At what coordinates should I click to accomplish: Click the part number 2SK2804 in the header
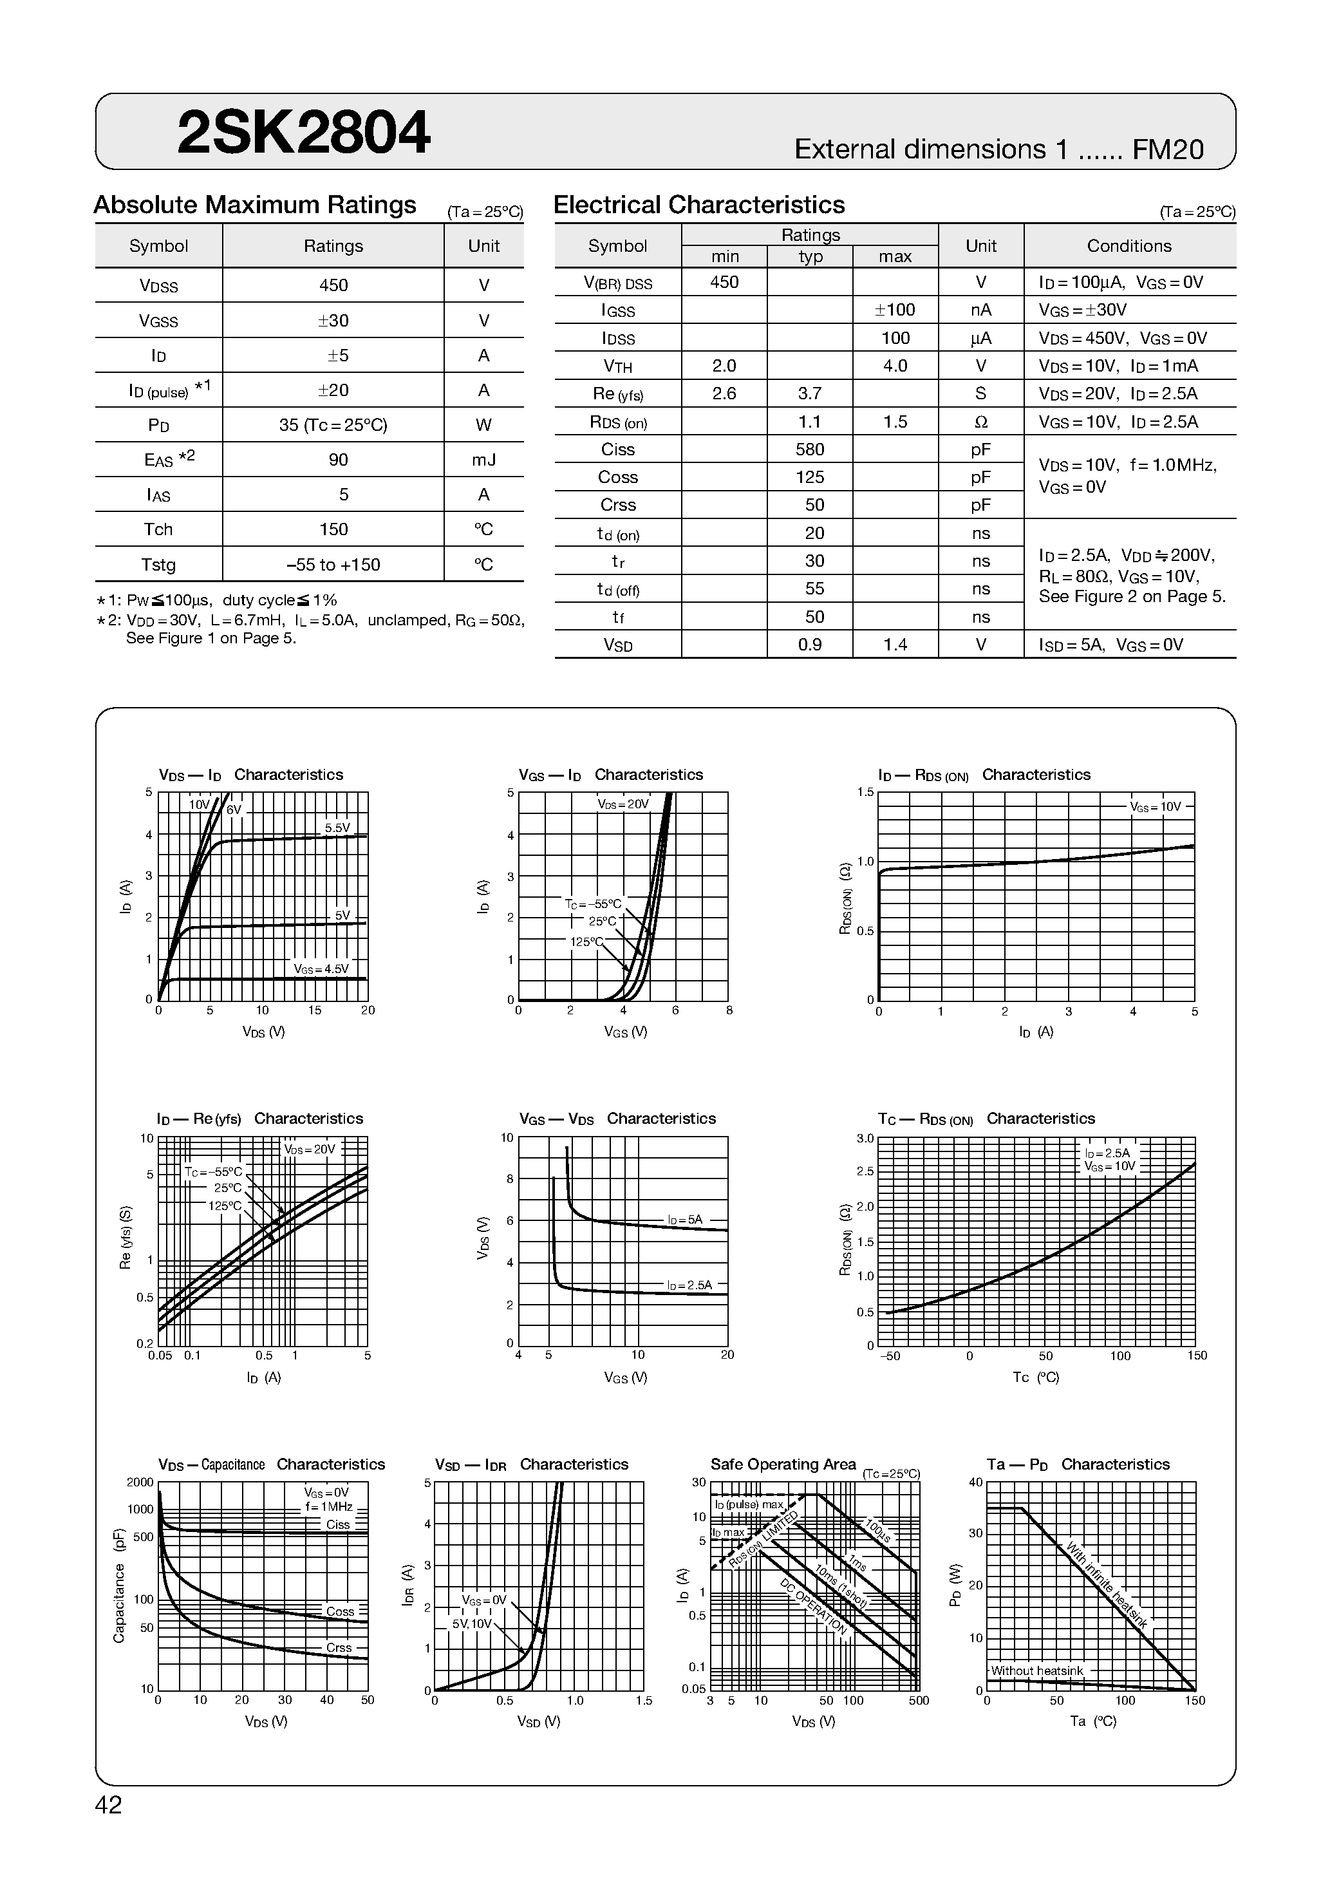tap(303, 133)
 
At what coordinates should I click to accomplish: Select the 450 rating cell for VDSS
tap(333, 285)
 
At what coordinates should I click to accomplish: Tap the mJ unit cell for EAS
tap(484, 459)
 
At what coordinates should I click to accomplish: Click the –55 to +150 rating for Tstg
tap(333, 564)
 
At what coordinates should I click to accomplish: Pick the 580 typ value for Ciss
tap(809, 449)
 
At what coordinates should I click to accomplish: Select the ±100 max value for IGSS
tap(895, 310)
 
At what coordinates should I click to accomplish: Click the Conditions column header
tap(1129, 246)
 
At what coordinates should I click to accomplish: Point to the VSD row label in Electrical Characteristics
tap(617, 645)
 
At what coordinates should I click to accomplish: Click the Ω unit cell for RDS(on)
tap(980, 422)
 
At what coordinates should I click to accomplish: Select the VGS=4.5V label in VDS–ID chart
tap(321, 969)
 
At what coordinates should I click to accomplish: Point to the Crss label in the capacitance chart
tap(339, 1647)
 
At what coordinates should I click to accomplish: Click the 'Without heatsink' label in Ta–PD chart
tap(1036, 1670)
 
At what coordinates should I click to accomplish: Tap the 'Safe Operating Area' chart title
tap(782, 1464)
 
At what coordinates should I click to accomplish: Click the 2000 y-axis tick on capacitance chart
tap(140, 1482)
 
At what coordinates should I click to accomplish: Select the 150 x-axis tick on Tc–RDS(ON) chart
tap(1196, 1356)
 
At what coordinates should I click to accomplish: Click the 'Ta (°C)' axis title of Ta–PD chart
tap(1092, 1721)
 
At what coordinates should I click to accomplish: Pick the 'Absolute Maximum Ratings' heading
tap(255, 204)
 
